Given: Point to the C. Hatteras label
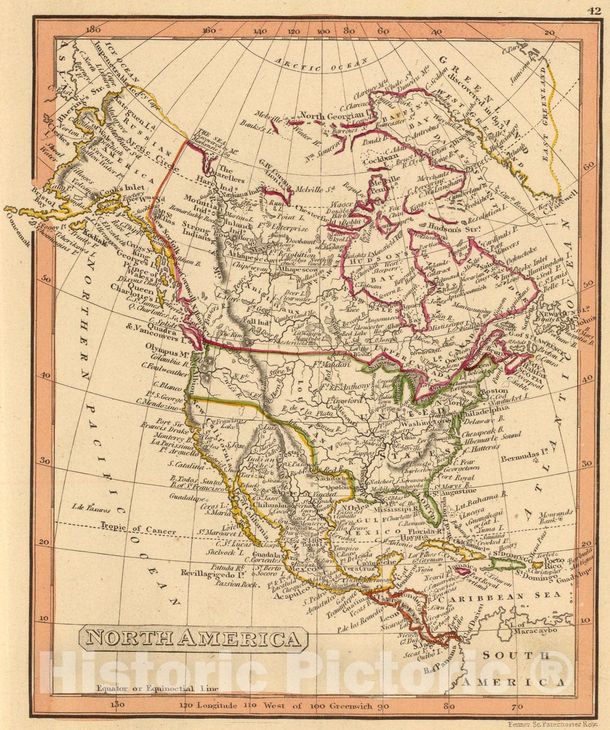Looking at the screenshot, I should [x=485, y=448].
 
